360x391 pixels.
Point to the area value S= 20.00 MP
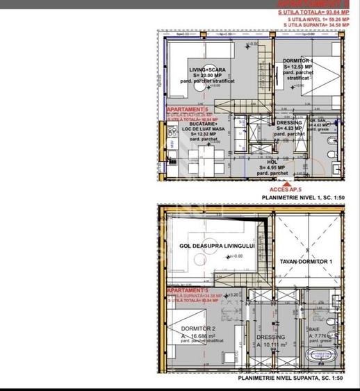pos(206,76)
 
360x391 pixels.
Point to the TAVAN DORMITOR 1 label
pos(306,260)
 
